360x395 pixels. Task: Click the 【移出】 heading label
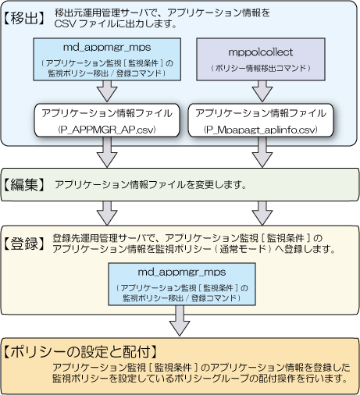(x=24, y=19)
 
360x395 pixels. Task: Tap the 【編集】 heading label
(x=24, y=185)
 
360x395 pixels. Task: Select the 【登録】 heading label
(x=24, y=244)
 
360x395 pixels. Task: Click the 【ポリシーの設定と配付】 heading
(x=80, y=352)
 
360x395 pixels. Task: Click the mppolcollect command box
(x=261, y=59)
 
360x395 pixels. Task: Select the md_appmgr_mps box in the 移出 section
(x=107, y=59)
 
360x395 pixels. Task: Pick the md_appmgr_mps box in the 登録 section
(x=182, y=284)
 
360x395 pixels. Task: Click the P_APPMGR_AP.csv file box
(x=107, y=120)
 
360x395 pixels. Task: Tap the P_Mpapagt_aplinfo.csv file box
(x=261, y=120)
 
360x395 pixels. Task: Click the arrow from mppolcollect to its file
(x=262, y=91)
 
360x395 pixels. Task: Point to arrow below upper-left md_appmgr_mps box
(x=107, y=91)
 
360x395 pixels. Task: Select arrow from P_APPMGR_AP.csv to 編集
(x=107, y=152)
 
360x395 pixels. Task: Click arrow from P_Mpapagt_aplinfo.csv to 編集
(x=262, y=152)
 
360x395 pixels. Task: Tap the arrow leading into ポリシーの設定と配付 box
(x=180, y=321)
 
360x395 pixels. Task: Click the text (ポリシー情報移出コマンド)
(x=261, y=68)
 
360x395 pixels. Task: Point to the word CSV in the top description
(x=65, y=24)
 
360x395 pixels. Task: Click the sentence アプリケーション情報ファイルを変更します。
(x=151, y=185)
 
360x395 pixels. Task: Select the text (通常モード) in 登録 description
(x=244, y=249)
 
